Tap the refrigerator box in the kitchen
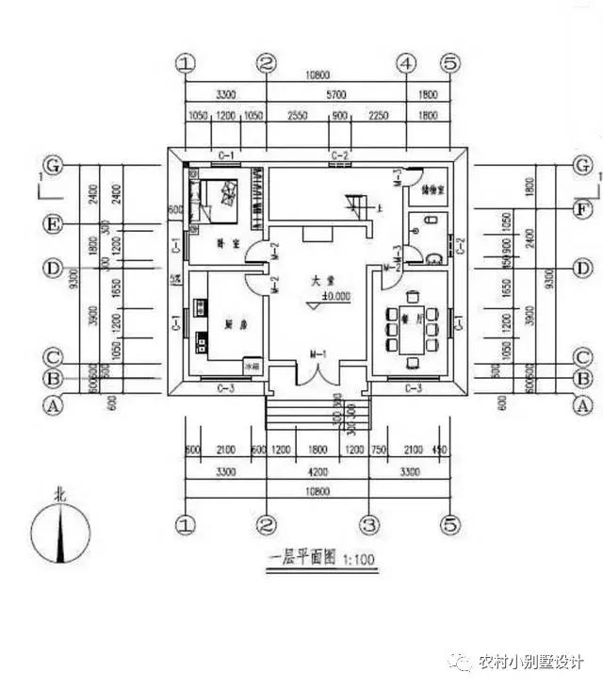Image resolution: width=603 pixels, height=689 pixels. point(252,365)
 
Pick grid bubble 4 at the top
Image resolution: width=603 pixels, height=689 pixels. point(406,63)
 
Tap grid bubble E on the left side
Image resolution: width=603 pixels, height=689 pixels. point(55,224)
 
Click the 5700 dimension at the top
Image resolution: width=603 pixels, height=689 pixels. point(335,95)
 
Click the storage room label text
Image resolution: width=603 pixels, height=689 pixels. point(429,188)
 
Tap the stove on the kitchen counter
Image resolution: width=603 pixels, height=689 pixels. point(202,307)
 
